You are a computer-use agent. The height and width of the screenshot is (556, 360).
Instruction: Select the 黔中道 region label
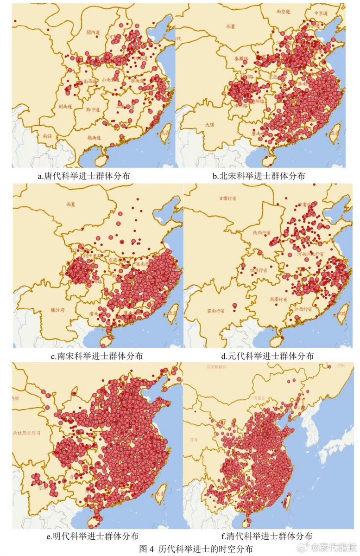pos(94,110)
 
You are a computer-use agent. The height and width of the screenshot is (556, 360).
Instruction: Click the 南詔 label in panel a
pos(47,136)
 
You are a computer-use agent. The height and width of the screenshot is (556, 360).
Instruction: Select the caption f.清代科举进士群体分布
pos(269,536)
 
